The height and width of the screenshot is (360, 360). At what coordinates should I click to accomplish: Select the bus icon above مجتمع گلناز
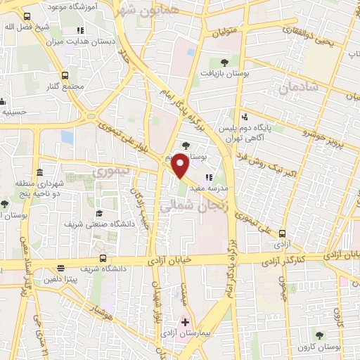tap(65, 75)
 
